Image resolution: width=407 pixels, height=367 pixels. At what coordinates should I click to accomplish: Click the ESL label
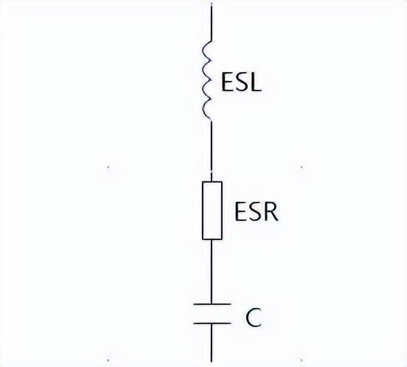click(241, 83)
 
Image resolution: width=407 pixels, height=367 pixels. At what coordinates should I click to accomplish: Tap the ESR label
click(257, 212)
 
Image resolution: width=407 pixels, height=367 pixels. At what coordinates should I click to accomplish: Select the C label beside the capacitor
click(254, 318)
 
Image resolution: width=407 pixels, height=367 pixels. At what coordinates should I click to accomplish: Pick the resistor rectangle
click(212, 210)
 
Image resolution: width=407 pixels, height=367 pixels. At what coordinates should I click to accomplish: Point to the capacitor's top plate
click(212, 304)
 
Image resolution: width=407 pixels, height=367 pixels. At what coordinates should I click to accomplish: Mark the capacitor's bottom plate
click(212, 324)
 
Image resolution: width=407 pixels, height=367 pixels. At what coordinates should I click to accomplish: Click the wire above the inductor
click(212, 23)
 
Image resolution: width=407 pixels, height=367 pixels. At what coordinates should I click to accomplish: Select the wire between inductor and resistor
click(212, 151)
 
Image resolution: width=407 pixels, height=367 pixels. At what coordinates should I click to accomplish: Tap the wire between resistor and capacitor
click(212, 271)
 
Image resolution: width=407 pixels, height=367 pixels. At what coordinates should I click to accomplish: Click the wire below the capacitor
click(212, 343)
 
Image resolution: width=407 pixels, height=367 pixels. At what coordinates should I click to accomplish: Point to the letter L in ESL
click(256, 83)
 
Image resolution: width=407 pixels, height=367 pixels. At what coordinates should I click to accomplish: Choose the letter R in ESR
click(271, 212)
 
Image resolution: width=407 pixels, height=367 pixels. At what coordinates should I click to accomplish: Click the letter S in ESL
click(242, 83)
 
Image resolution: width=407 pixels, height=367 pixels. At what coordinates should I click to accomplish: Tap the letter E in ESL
click(226, 83)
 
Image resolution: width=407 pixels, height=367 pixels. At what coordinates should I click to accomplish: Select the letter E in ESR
click(240, 212)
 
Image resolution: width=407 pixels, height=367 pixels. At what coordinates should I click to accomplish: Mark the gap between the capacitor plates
click(212, 313)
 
